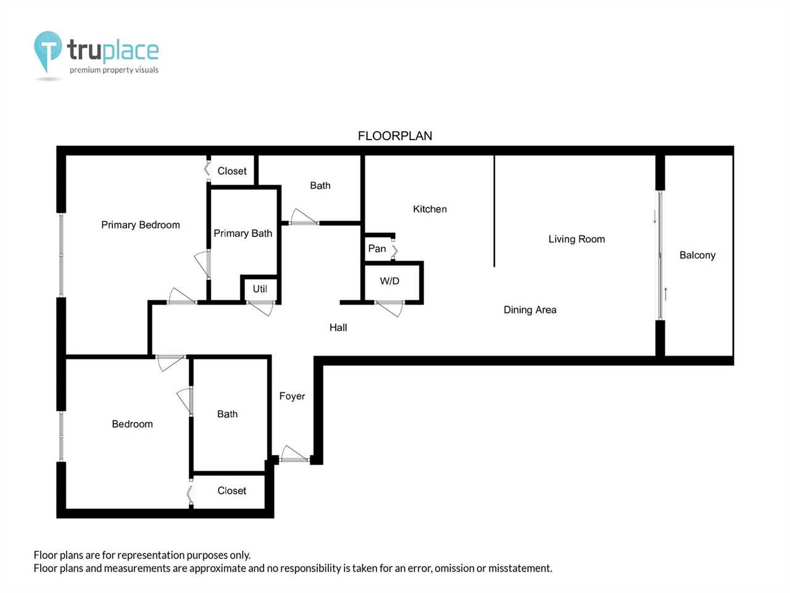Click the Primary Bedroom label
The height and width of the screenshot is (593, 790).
(x=140, y=225)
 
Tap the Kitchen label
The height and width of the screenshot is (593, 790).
(x=430, y=209)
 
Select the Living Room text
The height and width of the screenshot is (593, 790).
(x=576, y=240)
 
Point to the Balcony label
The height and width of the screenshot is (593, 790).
(x=697, y=255)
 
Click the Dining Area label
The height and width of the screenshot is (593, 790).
(x=530, y=310)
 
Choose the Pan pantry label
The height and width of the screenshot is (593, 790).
(x=377, y=248)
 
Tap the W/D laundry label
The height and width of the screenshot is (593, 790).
(x=389, y=281)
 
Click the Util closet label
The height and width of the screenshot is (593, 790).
(x=260, y=288)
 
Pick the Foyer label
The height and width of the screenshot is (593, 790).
(x=292, y=397)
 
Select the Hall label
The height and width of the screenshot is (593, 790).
(x=338, y=327)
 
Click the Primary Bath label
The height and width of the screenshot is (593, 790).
(x=243, y=233)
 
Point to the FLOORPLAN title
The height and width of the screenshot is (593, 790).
(x=395, y=136)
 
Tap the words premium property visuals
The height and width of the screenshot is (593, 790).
(x=114, y=70)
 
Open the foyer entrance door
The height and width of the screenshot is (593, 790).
(x=294, y=455)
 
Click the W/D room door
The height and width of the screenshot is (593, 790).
(x=389, y=308)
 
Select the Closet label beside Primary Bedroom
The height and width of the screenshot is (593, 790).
(x=232, y=171)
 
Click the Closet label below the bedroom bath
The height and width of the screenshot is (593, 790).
(x=232, y=490)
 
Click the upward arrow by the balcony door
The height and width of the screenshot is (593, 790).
(x=666, y=294)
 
